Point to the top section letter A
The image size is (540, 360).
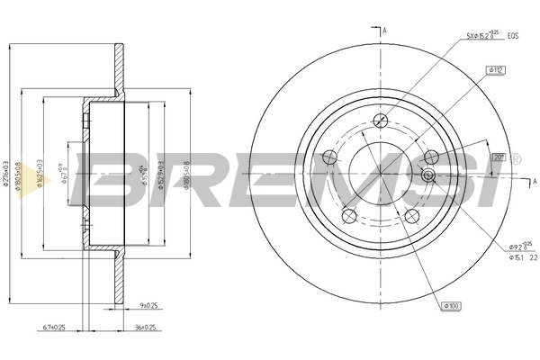click(384, 32)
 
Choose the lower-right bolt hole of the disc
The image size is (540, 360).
click(411, 216)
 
